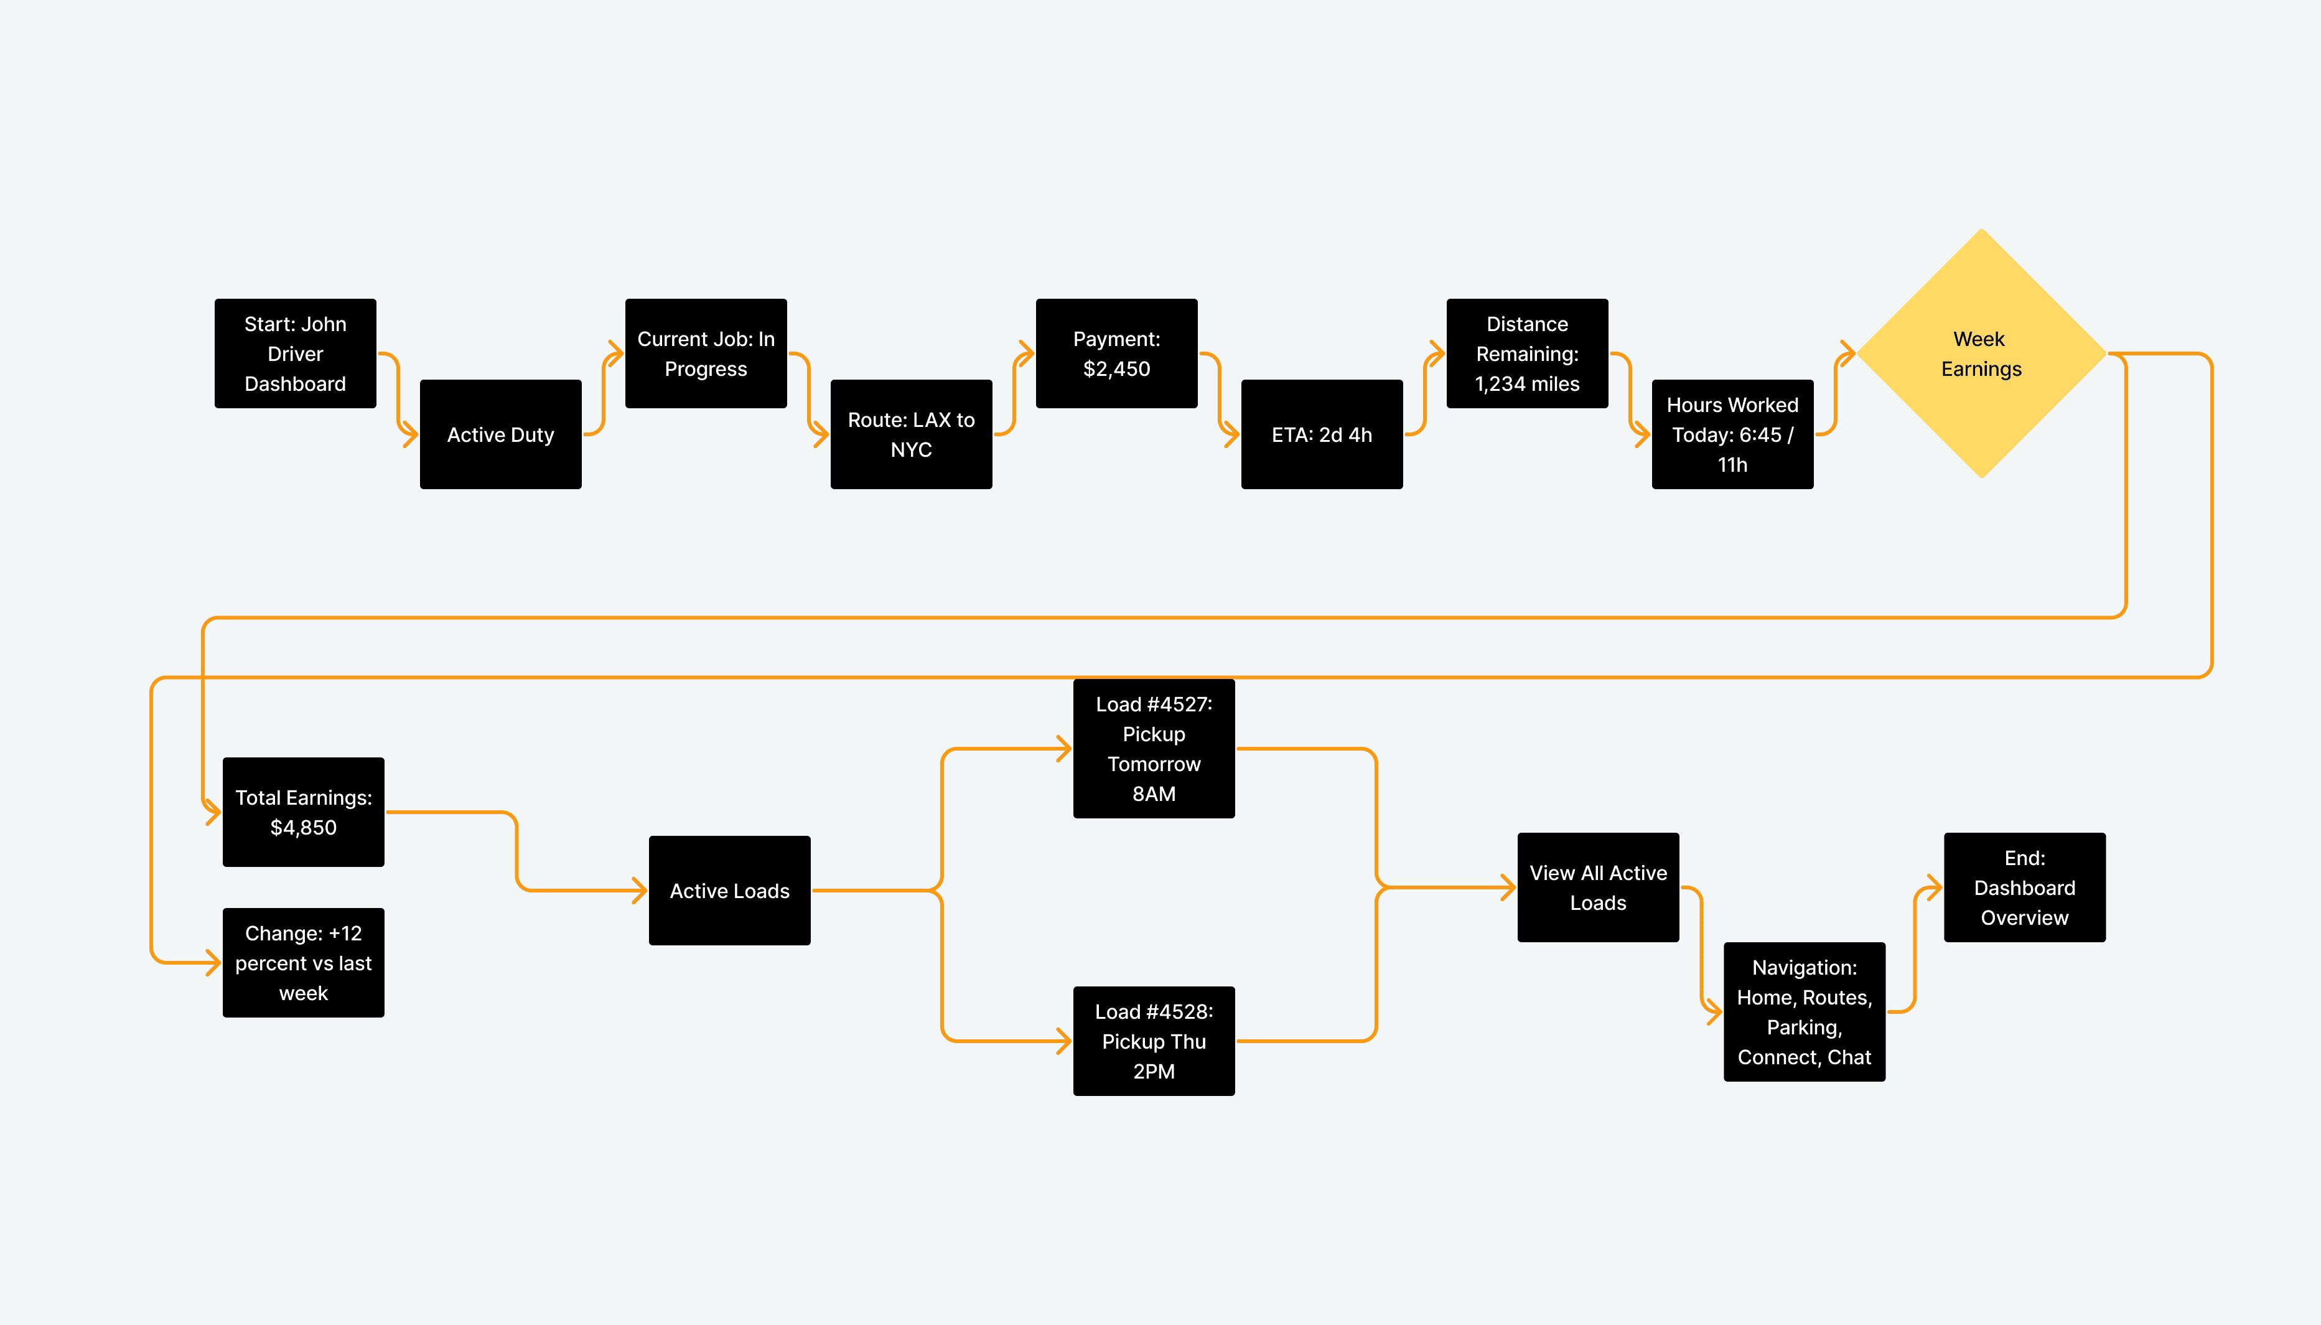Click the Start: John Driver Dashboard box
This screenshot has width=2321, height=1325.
(295, 353)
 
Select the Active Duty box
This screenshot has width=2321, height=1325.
(500, 434)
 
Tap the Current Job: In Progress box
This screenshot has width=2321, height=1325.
(706, 353)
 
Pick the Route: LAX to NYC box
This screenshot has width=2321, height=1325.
(911, 434)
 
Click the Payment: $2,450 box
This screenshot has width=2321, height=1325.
(1116, 353)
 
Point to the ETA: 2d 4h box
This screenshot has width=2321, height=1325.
(1322, 434)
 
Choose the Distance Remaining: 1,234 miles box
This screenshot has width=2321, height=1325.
(1528, 353)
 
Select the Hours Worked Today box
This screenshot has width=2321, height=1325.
(1732, 434)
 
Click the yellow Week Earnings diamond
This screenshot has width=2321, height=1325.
(1982, 353)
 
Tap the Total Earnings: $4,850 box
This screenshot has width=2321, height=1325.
(303, 812)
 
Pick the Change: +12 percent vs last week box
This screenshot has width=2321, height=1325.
(303, 963)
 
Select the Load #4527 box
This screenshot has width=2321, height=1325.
(1154, 748)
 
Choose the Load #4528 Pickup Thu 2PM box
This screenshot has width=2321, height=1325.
(1154, 1041)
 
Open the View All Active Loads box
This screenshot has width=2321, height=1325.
(1599, 887)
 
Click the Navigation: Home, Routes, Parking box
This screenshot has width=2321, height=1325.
(1804, 1012)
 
